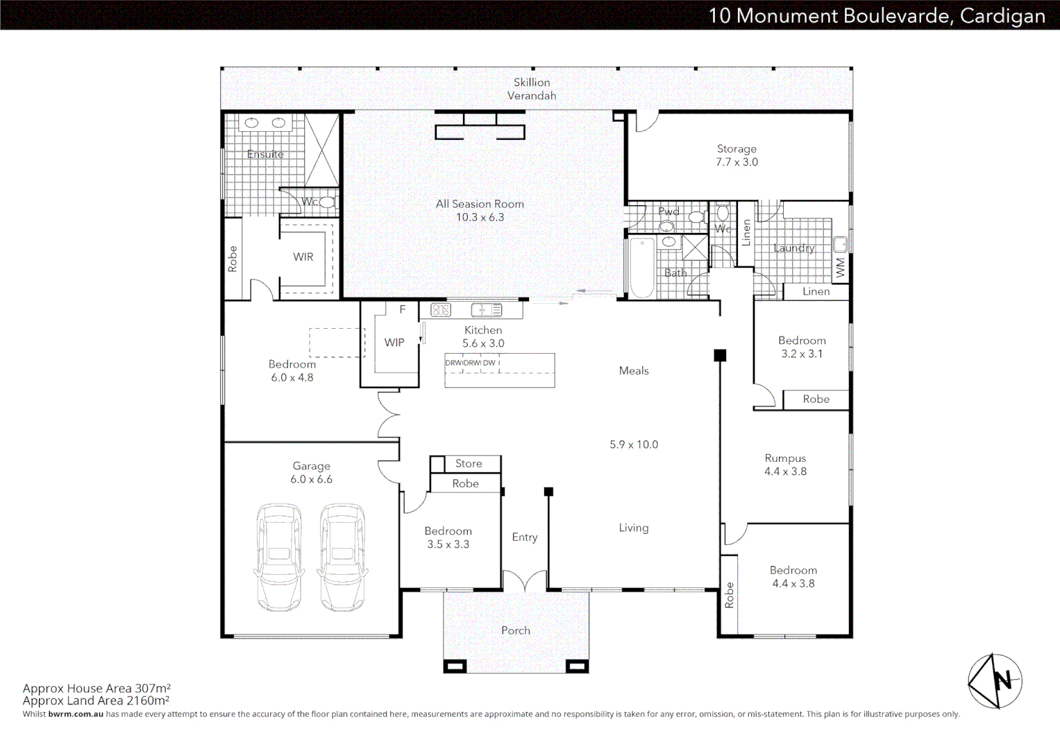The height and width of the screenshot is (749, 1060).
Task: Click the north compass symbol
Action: (x=995, y=681)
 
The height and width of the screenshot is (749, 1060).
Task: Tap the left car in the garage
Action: (x=279, y=557)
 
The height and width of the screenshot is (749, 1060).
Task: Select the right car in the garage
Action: (x=343, y=557)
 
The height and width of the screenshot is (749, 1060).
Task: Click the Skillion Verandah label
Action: (x=532, y=89)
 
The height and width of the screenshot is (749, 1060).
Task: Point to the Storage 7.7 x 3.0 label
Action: (x=737, y=155)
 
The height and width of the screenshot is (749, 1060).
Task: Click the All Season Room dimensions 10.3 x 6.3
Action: (x=480, y=217)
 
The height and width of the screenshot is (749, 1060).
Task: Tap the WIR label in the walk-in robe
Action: (x=303, y=257)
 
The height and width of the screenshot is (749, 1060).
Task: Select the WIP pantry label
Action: (x=394, y=343)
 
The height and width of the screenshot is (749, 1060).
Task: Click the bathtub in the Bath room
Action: (x=642, y=268)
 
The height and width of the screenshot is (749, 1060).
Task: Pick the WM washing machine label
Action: (x=841, y=268)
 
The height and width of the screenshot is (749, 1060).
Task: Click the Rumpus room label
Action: (x=786, y=458)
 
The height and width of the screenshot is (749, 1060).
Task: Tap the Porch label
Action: (x=516, y=630)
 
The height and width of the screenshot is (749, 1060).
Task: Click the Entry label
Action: (x=525, y=537)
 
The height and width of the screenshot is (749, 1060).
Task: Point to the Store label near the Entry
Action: (x=469, y=463)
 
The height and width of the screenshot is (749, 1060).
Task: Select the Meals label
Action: (x=634, y=371)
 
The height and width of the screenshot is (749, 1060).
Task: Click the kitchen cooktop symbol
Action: (x=441, y=310)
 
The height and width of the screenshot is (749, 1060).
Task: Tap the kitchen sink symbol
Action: (x=487, y=310)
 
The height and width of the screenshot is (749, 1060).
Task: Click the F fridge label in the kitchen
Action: (x=403, y=310)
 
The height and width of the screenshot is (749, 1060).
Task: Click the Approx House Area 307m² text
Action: (x=96, y=688)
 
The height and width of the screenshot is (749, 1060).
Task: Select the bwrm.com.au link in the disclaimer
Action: (x=76, y=714)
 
